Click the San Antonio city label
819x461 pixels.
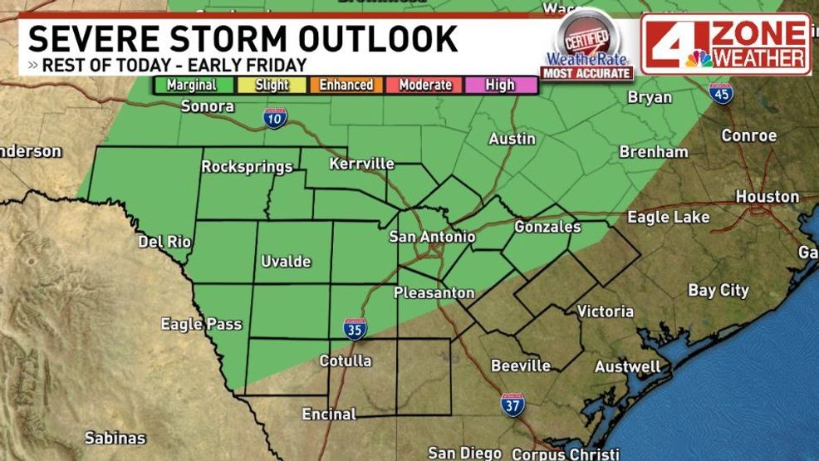[x=432, y=237]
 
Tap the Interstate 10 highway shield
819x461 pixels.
[x=276, y=119]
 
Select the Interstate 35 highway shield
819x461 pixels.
[x=355, y=329]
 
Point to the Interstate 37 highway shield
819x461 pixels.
[x=512, y=405]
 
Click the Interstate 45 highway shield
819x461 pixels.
[x=723, y=95]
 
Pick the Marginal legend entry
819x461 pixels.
[x=191, y=85]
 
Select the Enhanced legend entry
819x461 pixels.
[x=347, y=85]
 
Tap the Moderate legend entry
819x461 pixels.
[x=425, y=85]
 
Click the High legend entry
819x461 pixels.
[x=501, y=85]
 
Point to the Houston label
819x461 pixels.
[x=767, y=197]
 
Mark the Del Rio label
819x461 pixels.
[x=164, y=242]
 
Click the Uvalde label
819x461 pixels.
[x=286, y=262]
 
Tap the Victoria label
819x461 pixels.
[x=606, y=311]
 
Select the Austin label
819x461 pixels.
[x=512, y=139]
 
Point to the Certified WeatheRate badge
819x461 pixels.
[x=587, y=46]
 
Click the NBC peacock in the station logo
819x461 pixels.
[x=699, y=58]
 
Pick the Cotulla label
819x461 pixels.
[x=346, y=360]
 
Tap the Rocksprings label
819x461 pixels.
[x=247, y=167]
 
